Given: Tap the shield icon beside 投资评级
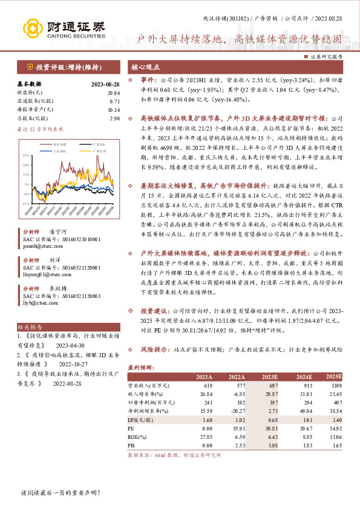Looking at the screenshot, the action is [x=30, y=66].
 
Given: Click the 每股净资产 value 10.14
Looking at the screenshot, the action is [x=113, y=109].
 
